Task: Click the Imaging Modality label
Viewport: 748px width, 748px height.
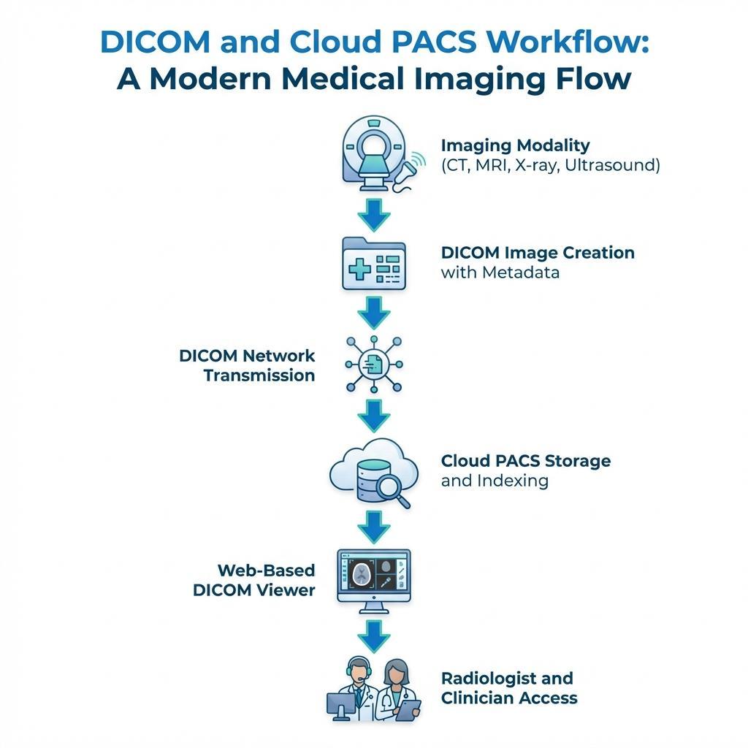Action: tap(515, 145)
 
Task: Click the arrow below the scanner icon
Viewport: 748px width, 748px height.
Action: tap(374, 214)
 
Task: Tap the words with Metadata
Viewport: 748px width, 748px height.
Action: tap(500, 272)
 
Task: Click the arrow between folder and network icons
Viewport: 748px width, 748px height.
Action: tap(374, 313)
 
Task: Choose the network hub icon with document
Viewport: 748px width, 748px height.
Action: tap(374, 363)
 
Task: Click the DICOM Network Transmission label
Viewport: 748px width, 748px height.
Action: tap(247, 365)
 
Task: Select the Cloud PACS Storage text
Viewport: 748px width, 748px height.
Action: tap(526, 461)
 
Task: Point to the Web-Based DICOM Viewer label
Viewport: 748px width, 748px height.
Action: tap(254, 580)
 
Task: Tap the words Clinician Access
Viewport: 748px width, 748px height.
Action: tap(509, 698)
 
